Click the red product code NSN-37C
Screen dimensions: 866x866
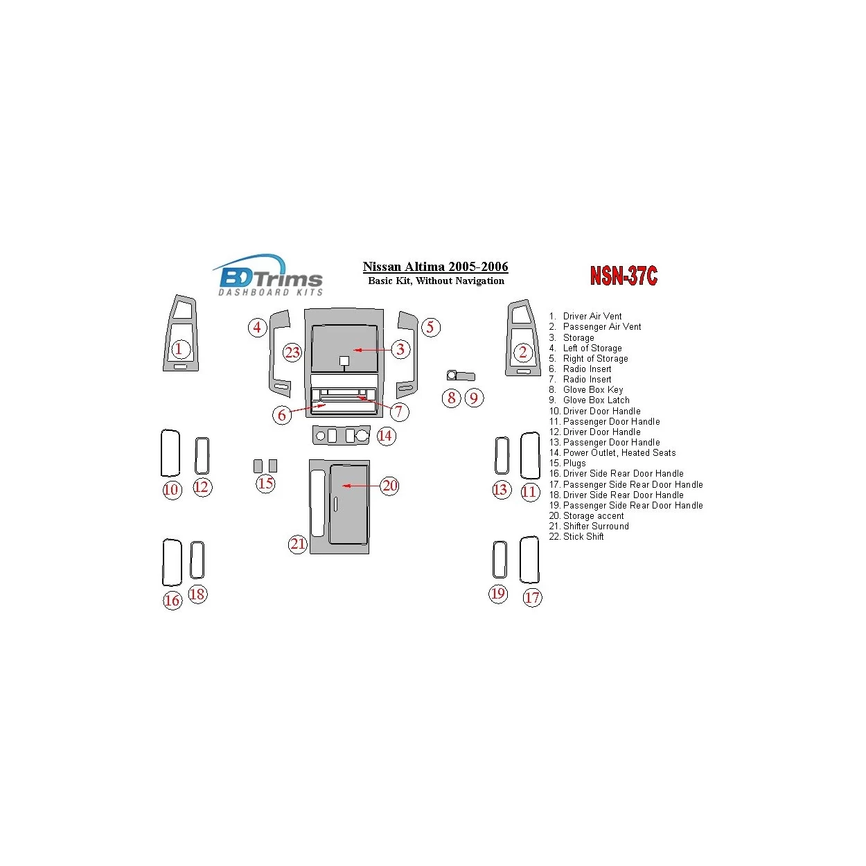click(x=623, y=275)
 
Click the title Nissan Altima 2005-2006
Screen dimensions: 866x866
click(x=435, y=267)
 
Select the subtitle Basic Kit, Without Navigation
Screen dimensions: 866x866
click(x=436, y=281)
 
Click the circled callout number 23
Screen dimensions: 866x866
click(x=292, y=352)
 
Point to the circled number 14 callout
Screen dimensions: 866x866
click(x=385, y=436)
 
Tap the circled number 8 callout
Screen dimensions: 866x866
click(x=451, y=398)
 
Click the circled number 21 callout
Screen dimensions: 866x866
click(x=297, y=545)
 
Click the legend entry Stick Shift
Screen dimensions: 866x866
click(x=576, y=537)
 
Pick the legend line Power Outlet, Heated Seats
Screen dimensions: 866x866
click(x=612, y=452)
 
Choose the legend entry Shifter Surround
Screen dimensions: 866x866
click(x=589, y=527)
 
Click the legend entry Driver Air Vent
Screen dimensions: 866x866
click(x=585, y=316)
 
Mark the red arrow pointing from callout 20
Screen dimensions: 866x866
click(x=362, y=486)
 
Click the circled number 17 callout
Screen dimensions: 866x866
click(x=532, y=597)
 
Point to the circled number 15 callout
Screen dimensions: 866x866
click(x=265, y=484)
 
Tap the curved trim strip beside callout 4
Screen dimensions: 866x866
click(x=273, y=355)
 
